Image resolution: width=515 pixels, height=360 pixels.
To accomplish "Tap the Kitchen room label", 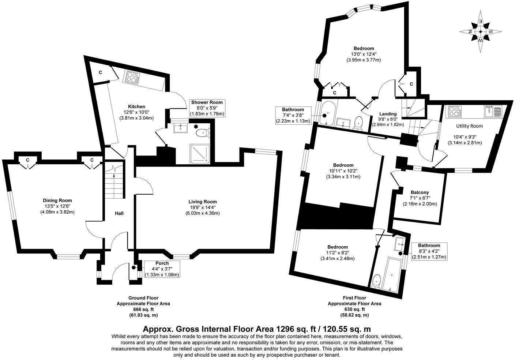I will pyautogui.click(x=136, y=106).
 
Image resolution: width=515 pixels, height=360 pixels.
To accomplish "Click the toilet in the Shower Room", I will pyautogui.click(x=202, y=133).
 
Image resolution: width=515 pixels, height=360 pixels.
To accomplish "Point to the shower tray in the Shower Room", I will pyautogui.click(x=199, y=154).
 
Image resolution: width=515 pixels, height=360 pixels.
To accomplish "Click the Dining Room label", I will pyautogui.click(x=57, y=200).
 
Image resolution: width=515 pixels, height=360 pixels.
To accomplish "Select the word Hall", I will pyautogui.click(x=119, y=213).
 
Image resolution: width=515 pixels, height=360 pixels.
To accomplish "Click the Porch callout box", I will pyautogui.click(x=162, y=269).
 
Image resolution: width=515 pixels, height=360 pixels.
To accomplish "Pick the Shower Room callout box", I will pyautogui.click(x=207, y=108).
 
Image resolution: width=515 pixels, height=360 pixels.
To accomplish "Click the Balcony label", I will pyautogui.click(x=420, y=192).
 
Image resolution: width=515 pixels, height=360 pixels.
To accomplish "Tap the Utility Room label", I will pyautogui.click(x=469, y=126).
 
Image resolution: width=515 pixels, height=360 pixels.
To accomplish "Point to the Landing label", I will pyautogui.click(x=388, y=114).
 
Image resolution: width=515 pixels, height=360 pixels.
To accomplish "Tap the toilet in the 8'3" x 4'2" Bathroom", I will pyautogui.click(x=376, y=282).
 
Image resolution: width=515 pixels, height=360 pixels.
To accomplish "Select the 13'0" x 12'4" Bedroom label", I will pyautogui.click(x=364, y=48).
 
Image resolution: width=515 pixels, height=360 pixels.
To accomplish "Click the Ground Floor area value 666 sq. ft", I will pyautogui.click(x=143, y=309).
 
